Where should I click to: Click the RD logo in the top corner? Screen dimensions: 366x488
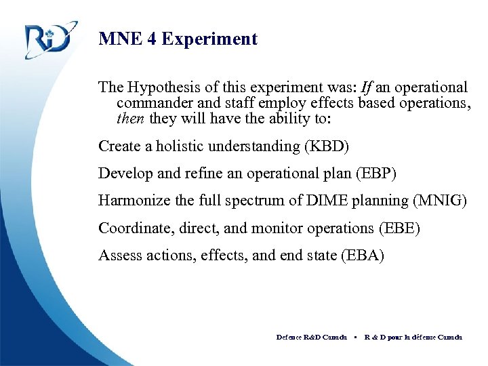click(47, 40)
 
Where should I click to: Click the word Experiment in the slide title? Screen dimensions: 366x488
click(216, 39)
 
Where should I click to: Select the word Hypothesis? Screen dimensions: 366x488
click(162, 87)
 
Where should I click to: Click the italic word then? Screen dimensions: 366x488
click(131, 119)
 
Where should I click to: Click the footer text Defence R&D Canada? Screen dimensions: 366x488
click(311, 337)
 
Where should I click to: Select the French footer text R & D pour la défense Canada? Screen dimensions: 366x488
click(413, 337)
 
